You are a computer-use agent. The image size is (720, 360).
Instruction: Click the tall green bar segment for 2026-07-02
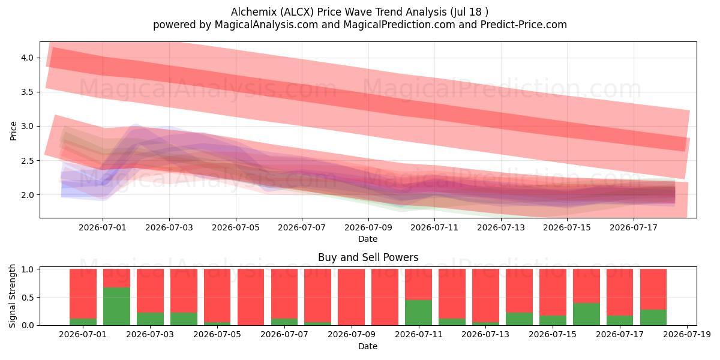(x=116, y=306)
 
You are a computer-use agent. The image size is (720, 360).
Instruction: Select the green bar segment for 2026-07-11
(x=419, y=313)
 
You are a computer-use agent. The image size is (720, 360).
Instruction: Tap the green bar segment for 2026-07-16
(x=586, y=314)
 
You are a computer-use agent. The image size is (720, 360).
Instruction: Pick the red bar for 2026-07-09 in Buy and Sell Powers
(x=352, y=297)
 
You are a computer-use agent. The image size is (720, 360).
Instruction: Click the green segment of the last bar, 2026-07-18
(x=653, y=317)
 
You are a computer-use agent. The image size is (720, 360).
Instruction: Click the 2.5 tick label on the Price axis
(x=27, y=161)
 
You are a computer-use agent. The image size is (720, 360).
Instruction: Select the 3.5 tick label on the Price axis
(x=27, y=92)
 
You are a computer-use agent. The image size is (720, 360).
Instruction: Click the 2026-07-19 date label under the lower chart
(x=687, y=335)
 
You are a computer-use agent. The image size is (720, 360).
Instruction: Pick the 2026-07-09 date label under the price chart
(x=368, y=227)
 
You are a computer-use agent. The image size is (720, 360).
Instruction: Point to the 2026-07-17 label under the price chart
(x=634, y=227)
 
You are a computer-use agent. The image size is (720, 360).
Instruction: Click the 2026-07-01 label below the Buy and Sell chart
(x=83, y=335)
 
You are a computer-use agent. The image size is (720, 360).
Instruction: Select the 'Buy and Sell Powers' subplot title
(x=368, y=257)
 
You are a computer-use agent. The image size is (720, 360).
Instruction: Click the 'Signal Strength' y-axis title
(x=12, y=296)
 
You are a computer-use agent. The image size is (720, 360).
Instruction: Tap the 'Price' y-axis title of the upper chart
(x=13, y=131)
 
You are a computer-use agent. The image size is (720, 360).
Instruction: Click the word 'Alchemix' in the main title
(x=254, y=12)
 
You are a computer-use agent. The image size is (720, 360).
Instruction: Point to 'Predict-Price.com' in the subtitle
(x=524, y=25)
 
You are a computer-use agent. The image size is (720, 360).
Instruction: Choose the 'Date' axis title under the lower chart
(x=368, y=346)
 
